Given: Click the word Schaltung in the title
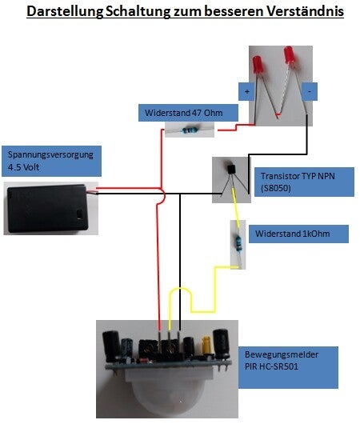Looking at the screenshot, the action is (x=138, y=11).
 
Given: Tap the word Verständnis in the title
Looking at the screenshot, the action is (x=305, y=11).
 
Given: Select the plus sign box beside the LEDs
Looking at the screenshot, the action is (x=246, y=91).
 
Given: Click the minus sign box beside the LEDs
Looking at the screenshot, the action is (x=310, y=91).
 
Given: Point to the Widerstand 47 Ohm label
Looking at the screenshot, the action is (x=188, y=113).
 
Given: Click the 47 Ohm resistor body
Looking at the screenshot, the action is (x=190, y=130).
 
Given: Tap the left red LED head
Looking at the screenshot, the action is (x=258, y=66).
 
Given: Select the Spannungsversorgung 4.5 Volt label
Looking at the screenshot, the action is (x=52, y=161).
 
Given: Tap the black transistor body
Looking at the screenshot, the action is (x=231, y=170).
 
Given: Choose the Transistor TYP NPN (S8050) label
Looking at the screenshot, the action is (x=304, y=182).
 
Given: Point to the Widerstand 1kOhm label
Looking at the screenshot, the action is (x=298, y=234).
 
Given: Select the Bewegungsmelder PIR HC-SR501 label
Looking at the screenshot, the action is (x=288, y=368).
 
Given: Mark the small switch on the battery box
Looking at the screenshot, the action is (x=79, y=214).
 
